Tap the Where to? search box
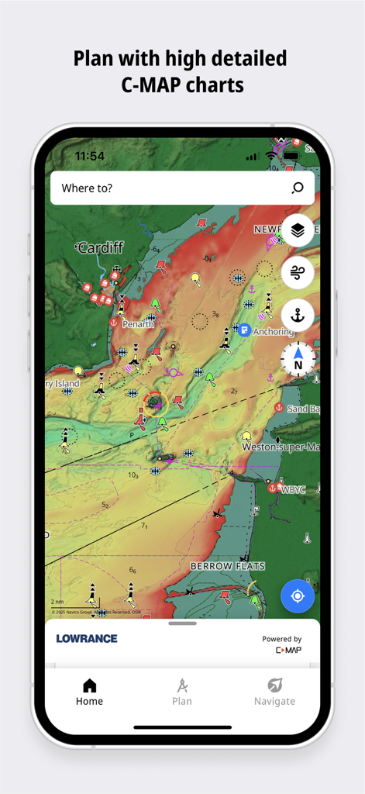coord(170,188)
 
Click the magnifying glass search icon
coord(298,188)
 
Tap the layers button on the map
coord(298,230)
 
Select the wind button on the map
coord(298,272)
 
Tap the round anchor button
coord(298,315)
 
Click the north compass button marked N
coord(298,358)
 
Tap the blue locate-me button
coord(298,596)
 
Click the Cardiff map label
coord(100,248)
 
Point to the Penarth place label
coord(138,324)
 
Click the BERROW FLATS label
coord(222,567)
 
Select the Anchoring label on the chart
coord(273,332)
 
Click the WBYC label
coord(293,489)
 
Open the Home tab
coord(89,692)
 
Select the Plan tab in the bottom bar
coord(182,692)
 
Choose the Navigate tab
coord(274,692)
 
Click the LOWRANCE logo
coord(87,638)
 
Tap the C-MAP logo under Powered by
coord(288,650)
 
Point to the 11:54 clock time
coord(89,156)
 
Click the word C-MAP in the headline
coord(150,84)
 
